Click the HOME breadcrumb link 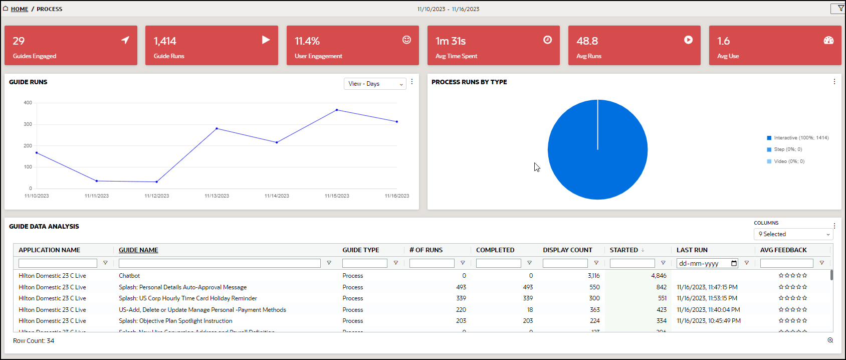click(x=20, y=9)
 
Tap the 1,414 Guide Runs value click(x=165, y=41)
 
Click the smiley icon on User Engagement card click(x=406, y=40)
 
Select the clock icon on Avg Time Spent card click(x=547, y=40)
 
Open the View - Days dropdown click(x=375, y=84)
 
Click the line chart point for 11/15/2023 click(x=337, y=110)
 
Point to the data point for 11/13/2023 click(x=217, y=128)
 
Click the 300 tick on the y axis click(x=28, y=124)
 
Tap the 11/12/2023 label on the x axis click(x=156, y=196)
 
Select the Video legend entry click(x=788, y=161)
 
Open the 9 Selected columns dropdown click(x=793, y=234)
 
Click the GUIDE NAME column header click(x=138, y=250)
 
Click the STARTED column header click(x=623, y=250)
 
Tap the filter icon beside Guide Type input click(x=395, y=263)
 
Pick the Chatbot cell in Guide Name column click(x=129, y=276)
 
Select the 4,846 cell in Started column click(x=659, y=276)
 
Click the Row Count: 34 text click(x=34, y=341)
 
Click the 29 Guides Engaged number click(x=19, y=41)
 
